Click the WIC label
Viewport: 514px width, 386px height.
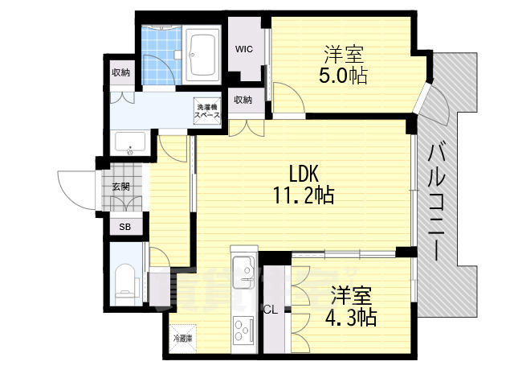point(244,49)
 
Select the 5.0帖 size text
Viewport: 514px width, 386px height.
point(344,77)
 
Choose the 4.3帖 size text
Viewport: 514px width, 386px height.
point(351,317)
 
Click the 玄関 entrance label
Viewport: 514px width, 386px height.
point(120,187)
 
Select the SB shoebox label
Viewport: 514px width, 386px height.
point(124,227)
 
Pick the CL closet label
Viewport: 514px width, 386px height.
point(271,308)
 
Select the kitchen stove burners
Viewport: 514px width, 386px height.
point(242,328)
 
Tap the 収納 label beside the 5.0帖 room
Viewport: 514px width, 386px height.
point(243,100)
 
